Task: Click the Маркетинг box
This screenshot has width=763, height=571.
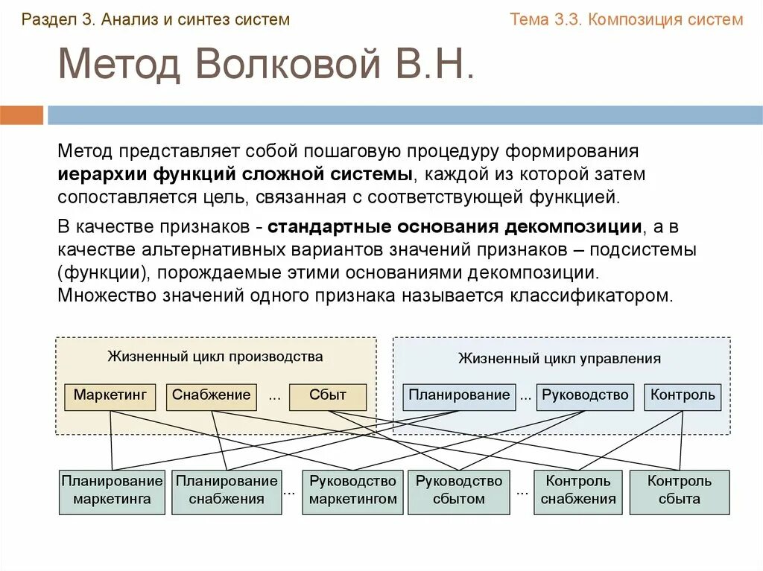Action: pos(110,396)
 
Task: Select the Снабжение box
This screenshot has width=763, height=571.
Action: pos(212,396)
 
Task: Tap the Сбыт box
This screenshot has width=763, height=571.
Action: pos(328,396)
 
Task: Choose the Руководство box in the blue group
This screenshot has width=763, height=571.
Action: pos(585,396)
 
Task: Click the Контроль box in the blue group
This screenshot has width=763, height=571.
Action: pos(683,396)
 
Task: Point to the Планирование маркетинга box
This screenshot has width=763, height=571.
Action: pos(112,491)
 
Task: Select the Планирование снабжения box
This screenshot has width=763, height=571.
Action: pos(227,491)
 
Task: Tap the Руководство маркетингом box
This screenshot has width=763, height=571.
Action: pos(353,491)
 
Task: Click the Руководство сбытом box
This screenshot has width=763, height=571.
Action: pos(459,491)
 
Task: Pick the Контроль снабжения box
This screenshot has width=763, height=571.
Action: pos(578,491)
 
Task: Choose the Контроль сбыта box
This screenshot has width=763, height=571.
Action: pos(680,491)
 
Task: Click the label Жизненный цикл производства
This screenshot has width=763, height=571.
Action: pos(215,357)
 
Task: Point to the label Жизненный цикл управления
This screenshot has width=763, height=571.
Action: pos(560,359)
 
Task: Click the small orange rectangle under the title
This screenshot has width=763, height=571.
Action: pos(22,115)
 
